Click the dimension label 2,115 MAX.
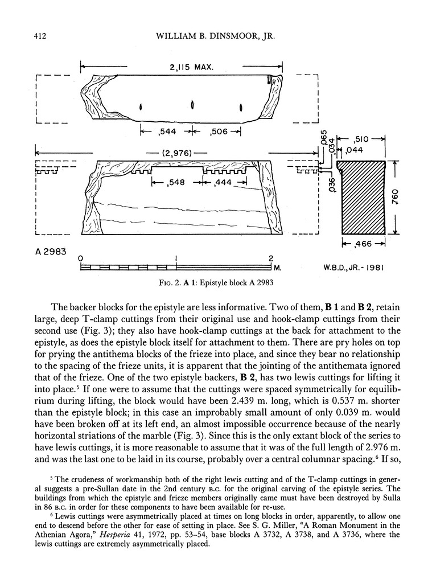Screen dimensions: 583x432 (191, 67)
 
